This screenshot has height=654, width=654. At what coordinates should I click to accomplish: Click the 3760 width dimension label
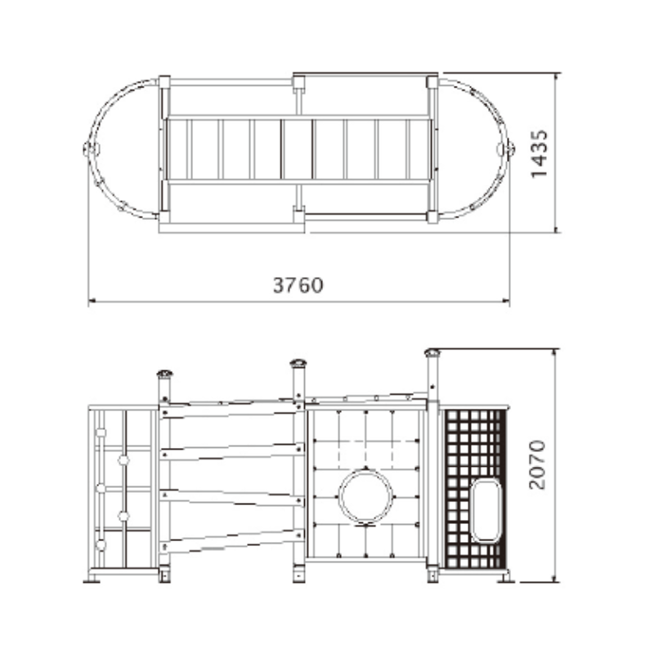click(298, 285)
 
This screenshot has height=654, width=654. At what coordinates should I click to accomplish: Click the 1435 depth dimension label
click(539, 154)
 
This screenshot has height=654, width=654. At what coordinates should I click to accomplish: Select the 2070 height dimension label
click(537, 464)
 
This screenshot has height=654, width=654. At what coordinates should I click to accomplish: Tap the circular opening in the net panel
click(365, 496)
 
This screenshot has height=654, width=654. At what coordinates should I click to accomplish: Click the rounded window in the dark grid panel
click(486, 510)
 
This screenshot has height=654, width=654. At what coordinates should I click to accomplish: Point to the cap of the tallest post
click(432, 353)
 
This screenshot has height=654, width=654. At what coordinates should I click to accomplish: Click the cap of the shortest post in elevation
click(165, 374)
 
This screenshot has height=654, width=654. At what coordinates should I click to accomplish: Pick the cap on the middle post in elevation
click(298, 363)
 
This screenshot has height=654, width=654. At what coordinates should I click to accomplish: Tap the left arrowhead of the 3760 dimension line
click(92, 300)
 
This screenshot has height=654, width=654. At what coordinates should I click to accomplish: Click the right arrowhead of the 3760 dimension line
click(505, 300)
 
